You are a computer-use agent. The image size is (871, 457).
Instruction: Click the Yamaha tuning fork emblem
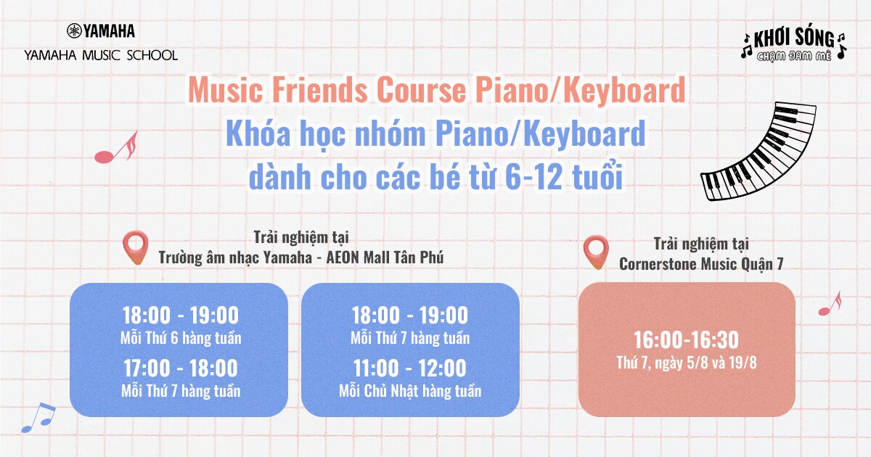74,30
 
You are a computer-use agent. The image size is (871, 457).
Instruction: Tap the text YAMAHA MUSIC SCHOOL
101,55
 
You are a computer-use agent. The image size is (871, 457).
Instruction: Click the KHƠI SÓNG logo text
794,38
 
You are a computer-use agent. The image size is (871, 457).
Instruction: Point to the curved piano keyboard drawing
758,152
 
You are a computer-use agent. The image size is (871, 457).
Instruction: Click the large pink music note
116,148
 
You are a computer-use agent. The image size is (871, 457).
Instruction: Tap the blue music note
38,417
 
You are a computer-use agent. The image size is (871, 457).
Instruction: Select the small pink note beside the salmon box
830,304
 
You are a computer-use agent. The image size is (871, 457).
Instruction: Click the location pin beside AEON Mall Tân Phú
135,247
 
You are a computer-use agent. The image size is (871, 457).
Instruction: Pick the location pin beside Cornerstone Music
596,252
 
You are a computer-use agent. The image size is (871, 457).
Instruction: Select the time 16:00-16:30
687,339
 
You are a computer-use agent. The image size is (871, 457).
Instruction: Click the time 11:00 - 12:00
410,368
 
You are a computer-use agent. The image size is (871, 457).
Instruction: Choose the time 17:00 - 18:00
181,368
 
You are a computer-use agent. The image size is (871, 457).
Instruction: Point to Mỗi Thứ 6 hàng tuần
181,339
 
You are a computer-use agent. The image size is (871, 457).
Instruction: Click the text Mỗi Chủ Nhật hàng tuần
410,391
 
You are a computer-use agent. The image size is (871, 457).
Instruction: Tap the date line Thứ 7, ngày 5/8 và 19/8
687,363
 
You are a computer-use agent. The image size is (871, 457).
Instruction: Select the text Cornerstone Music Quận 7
701,264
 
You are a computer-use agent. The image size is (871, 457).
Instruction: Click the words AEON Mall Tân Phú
385,258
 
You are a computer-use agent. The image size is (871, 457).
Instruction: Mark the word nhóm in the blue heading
390,133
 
